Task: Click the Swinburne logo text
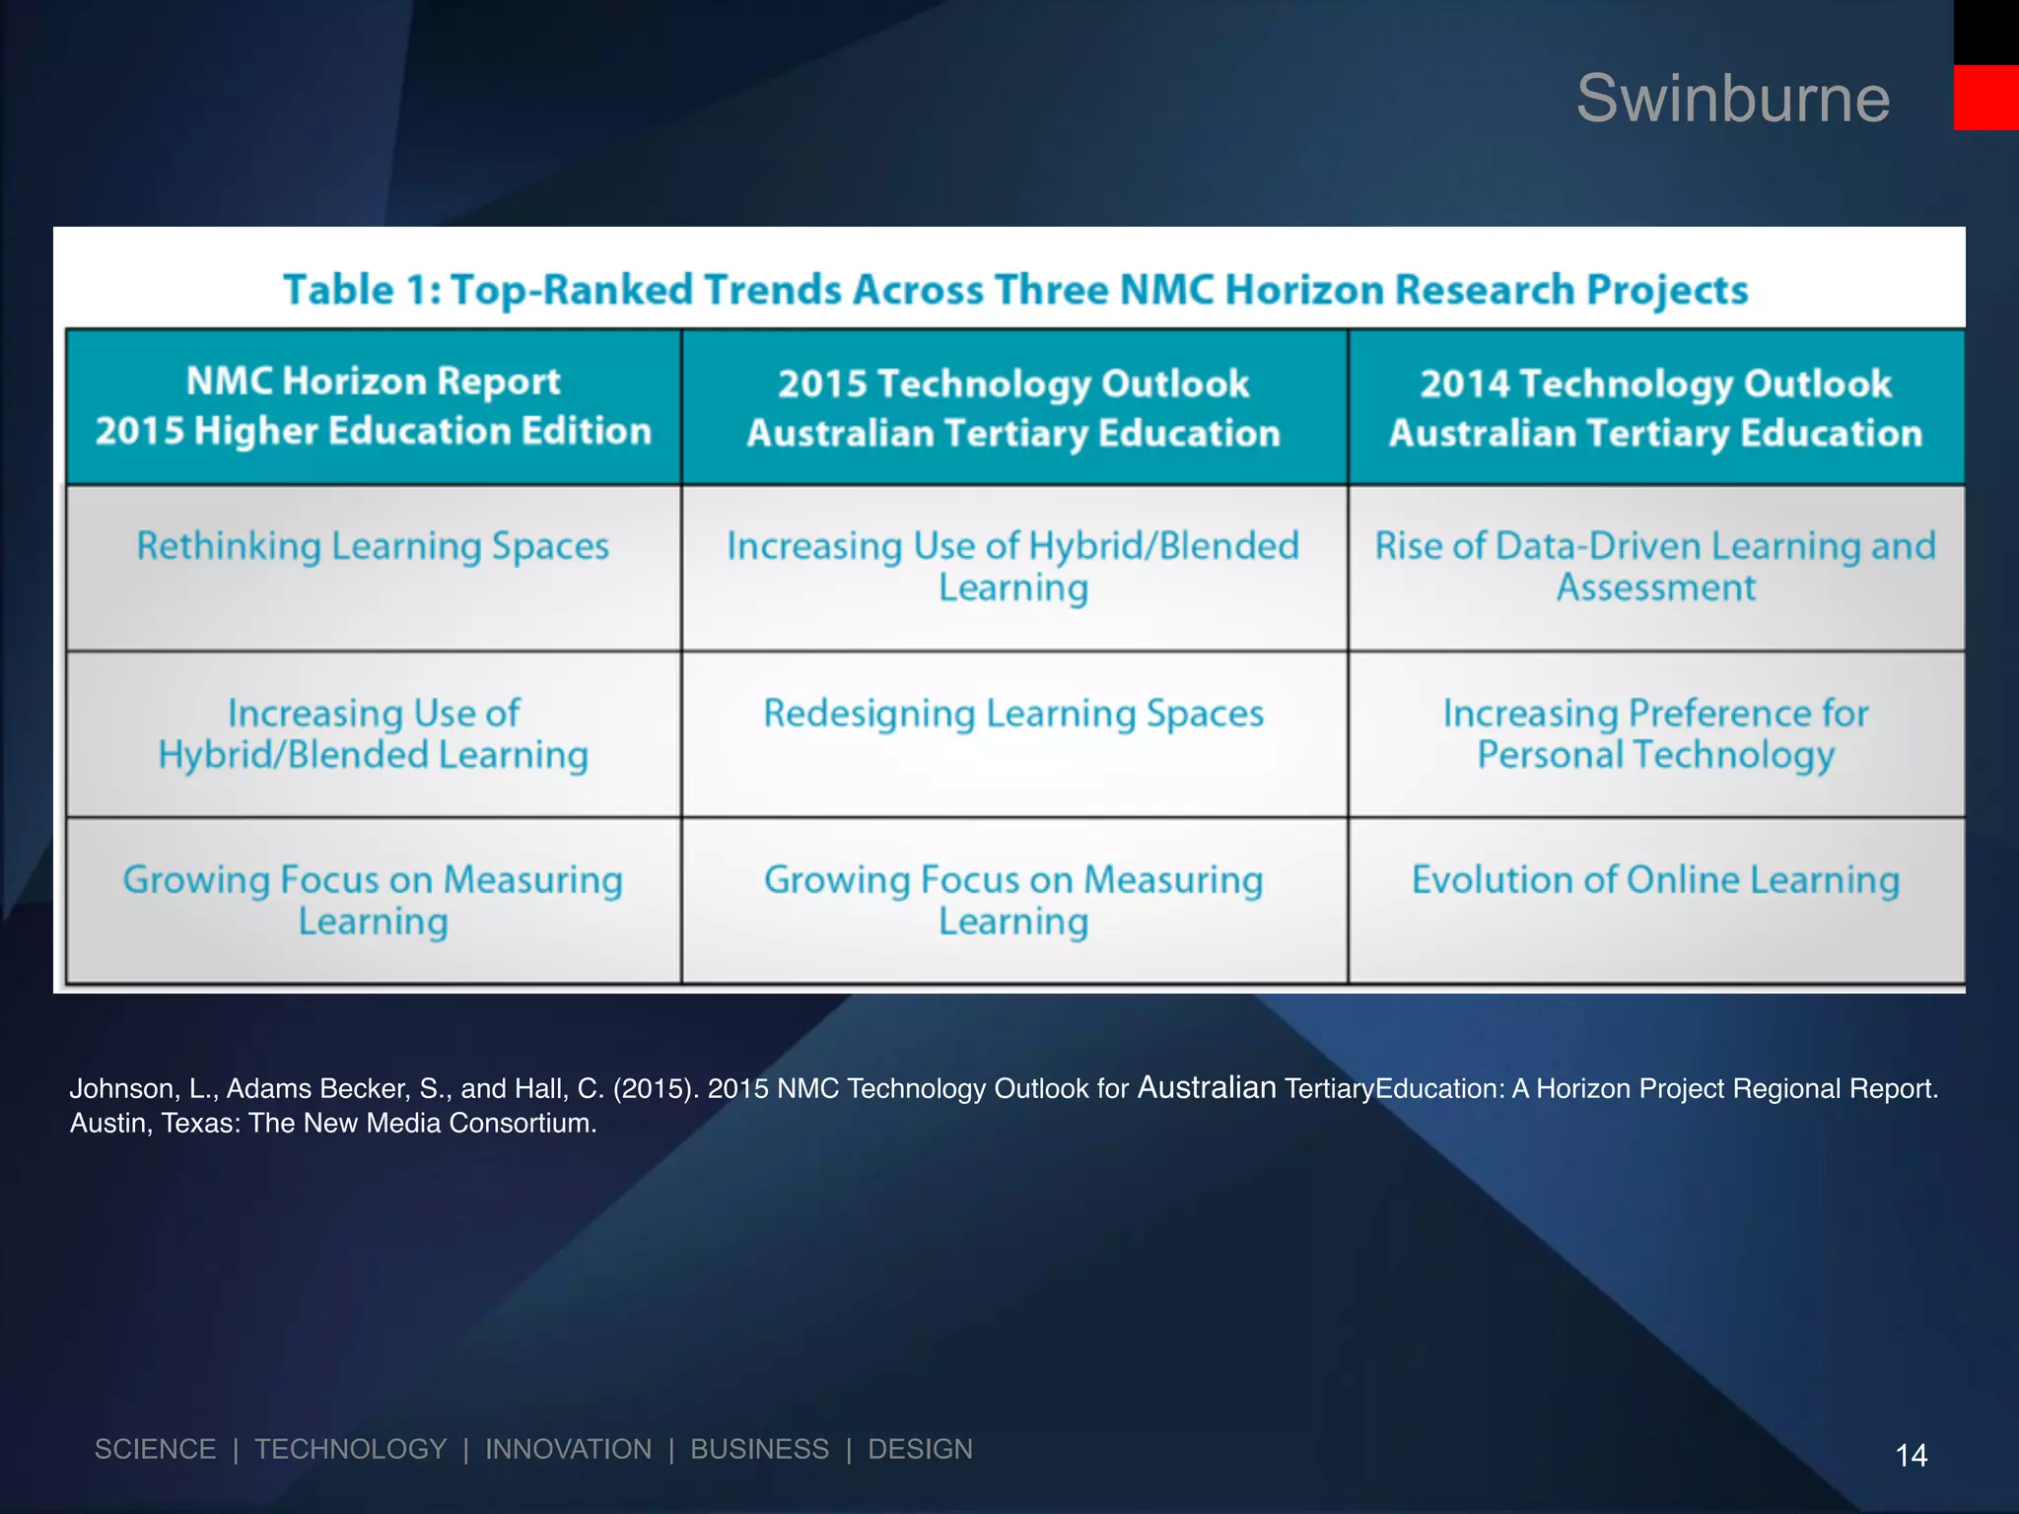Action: [1732, 99]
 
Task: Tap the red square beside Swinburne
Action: [1985, 98]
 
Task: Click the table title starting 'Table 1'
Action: [1015, 290]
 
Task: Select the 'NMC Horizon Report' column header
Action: [374, 406]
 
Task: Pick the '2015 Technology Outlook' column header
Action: [1013, 408]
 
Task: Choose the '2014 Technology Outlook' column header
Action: [1655, 408]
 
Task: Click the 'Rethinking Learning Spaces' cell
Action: [373, 546]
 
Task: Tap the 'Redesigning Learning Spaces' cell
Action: [1013, 714]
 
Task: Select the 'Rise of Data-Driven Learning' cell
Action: [1655, 567]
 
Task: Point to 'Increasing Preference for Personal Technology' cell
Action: [1655, 733]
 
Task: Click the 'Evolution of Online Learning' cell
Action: [1655, 879]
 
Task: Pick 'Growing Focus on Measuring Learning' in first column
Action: [373, 900]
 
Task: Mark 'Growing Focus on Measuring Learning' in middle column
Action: [1013, 900]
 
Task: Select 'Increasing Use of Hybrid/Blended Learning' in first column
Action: [373, 733]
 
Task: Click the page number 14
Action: [1911, 1455]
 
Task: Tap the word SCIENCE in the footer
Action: [155, 1449]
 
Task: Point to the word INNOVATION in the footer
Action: [568, 1449]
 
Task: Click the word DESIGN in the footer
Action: [920, 1449]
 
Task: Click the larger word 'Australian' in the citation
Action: [1207, 1087]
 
